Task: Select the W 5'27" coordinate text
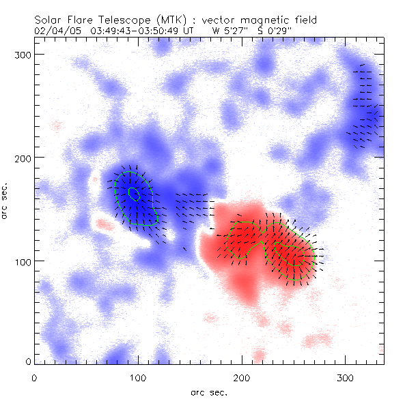pyautogui.click(x=229, y=30)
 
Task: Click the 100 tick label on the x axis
pyautogui.click(x=138, y=377)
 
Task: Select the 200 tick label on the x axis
pyautogui.click(x=242, y=377)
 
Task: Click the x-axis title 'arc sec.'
pyautogui.click(x=210, y=391)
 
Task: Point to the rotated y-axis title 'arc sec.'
pyautogui.click(x=5, y=198)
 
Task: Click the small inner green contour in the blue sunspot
pyautogui.click(x=135, y=194)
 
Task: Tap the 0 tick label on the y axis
pyautogui.click(x=28, y=361)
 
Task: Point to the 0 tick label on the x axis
pyautogui.click(x=34, y=377)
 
